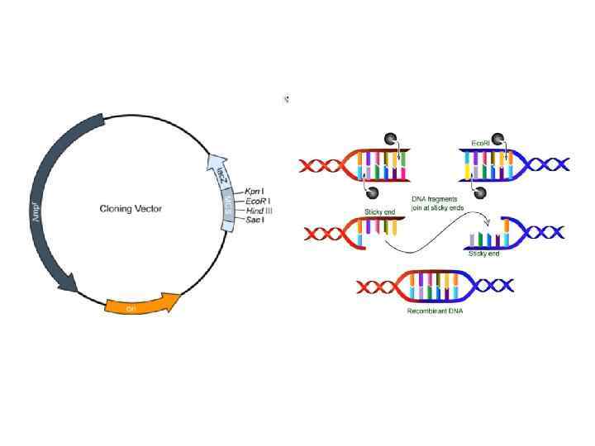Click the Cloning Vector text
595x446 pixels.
coord(131,208)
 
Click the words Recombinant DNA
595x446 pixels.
coord(434,311)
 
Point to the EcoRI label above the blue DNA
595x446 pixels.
coord(482,144)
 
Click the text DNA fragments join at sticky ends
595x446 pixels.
coord(437,203)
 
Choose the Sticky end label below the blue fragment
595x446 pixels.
coord(483,253)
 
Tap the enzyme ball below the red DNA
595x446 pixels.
coord(372,192)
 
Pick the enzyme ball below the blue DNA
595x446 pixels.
coord(481,192)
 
